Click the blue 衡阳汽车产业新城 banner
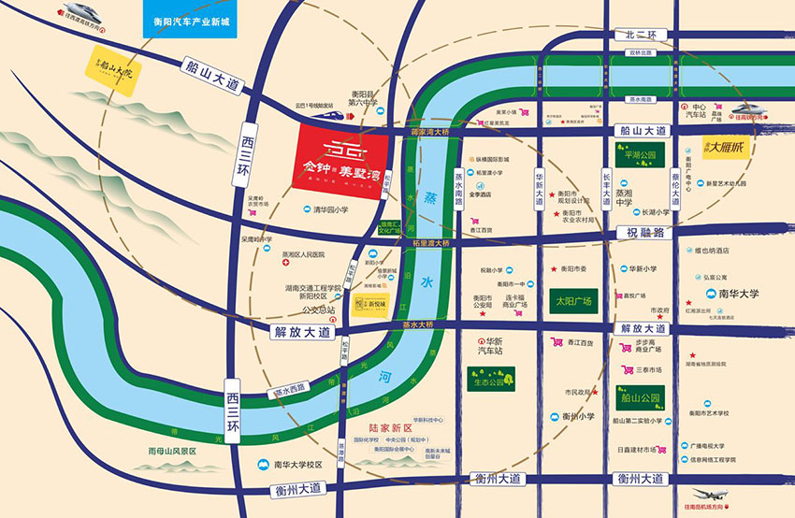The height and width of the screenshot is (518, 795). click(x=195, y=20)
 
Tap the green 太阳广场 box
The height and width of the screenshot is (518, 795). click(x=570, y=302)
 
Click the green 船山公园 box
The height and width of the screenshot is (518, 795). click(x=640, y=396)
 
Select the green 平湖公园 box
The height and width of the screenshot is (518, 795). click(x=635, y=155)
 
